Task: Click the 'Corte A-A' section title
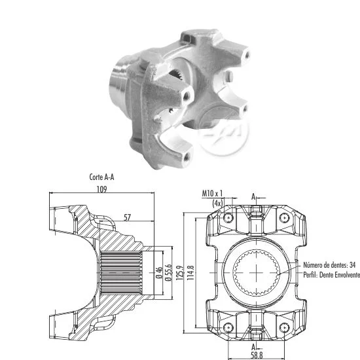[x=101, y=177]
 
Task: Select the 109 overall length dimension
[x=101, y=189]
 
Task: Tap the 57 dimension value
[x=127, y=217]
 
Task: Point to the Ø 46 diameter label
[x=159, y=272]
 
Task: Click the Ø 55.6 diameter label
[x=168, y=272]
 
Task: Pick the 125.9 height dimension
[x=180, y=273]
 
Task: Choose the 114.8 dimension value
[x=190, y=273]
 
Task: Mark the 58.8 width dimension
[x=257, y=355]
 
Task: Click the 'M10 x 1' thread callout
[x=212, y=193]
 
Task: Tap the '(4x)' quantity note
[x=218, y=203]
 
